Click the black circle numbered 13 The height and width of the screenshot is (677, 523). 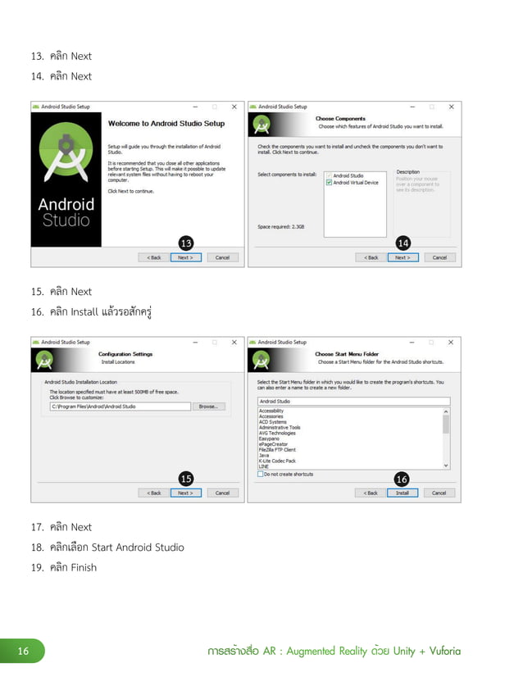click(186, 243)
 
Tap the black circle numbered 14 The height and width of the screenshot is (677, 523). click(402, 243)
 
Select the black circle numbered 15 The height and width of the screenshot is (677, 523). click(186, 479)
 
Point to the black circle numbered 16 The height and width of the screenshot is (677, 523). click(402, 479)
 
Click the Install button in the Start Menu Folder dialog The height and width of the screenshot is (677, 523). click(402, 493)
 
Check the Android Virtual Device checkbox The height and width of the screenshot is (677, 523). click(329, 183)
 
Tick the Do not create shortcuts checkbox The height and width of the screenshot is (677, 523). click(261, 474)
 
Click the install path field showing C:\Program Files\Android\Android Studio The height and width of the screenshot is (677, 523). click(120, 407)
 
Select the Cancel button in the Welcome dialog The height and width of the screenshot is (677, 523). click(222, 257)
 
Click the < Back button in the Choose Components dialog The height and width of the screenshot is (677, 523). click(371, 257)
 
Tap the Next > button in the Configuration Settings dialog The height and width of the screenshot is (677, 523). click(185, 493)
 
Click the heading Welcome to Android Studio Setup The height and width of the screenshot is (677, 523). click(166, 124)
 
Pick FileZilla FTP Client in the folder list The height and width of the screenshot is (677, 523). click(277, 450)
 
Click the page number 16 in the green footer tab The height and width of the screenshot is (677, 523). click(23, 652)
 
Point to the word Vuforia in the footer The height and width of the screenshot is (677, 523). click(444, 652)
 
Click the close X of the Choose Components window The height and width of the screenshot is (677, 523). click(450, 107)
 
